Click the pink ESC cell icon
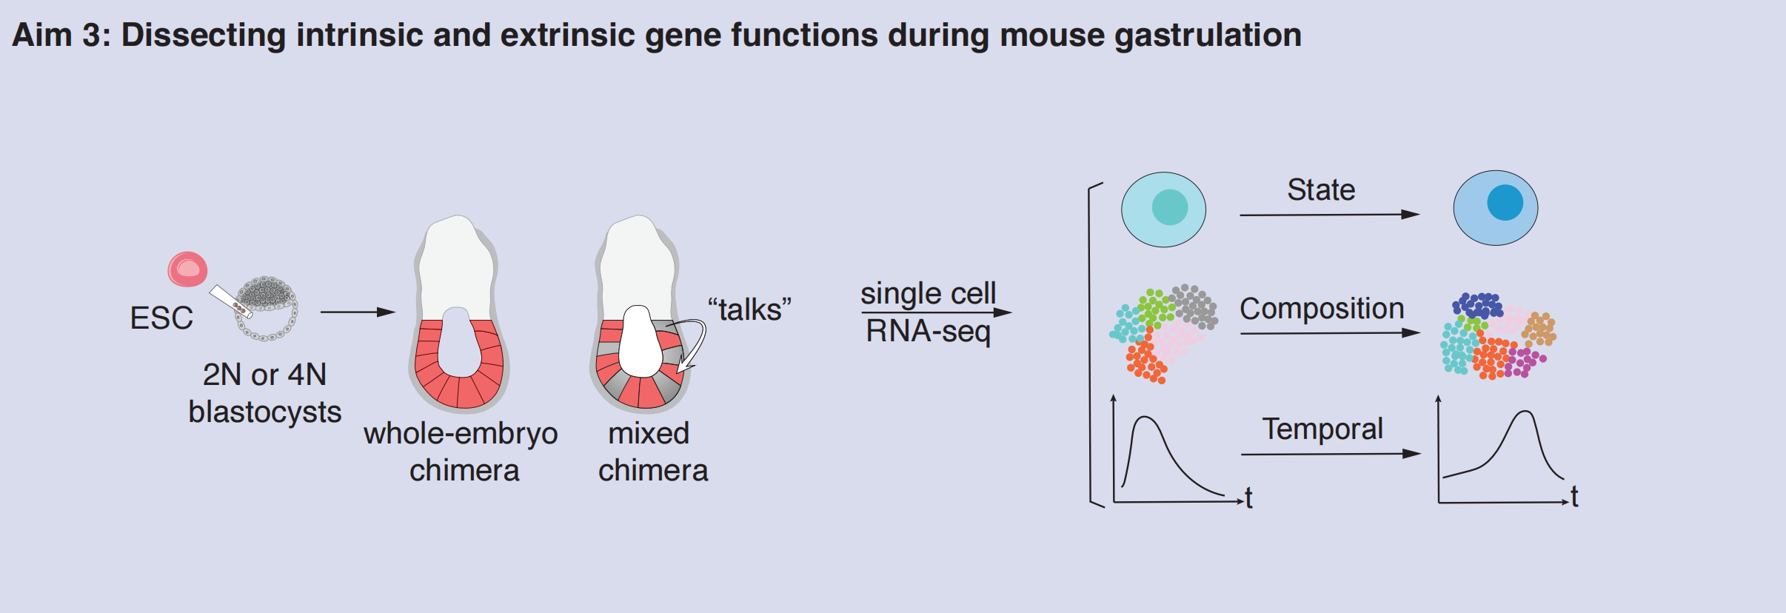point(187,269)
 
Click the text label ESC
point(161,318)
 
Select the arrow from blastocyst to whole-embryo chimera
point(358,312)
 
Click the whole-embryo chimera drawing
point(459,318)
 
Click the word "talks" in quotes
point(749,309)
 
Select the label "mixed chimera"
point(652,452)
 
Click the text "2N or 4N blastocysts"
point(264,393)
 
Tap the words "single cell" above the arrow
point(928,293)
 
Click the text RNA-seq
point(928,331)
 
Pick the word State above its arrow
point(1321,190)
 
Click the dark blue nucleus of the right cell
point(1505,202)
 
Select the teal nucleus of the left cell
point(1170,207)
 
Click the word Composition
point(1322,309)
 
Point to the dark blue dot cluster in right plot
point(1477,305)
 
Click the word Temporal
point(1322,429)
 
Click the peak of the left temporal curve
point(1145,418)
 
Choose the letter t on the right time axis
point(1574,497)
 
